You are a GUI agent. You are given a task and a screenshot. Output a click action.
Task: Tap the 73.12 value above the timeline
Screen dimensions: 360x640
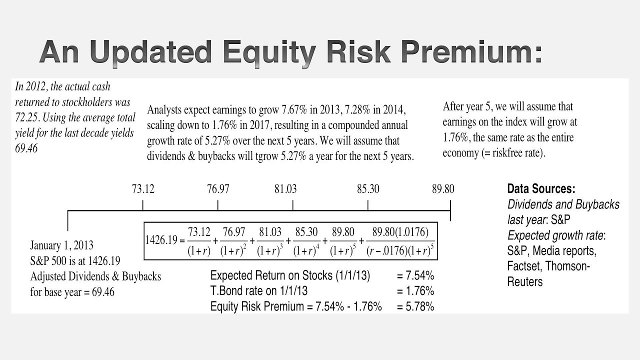tap(143, 189)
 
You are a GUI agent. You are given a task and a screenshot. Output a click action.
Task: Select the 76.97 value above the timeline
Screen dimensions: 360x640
tap(218, 189)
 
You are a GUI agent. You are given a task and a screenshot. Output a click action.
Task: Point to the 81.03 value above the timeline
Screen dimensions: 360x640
tap(285, 189)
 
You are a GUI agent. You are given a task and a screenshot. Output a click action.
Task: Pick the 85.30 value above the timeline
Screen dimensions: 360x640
tap(368, 189)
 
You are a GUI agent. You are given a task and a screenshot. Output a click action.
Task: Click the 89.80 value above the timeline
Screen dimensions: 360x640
tap(443, 189)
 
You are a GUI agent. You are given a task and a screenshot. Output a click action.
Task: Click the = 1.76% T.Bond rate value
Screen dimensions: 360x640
tap(415, 291)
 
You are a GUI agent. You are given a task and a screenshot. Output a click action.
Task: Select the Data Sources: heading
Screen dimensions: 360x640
tap(541, 189)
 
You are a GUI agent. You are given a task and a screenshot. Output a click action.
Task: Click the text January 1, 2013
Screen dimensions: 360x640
tap(61, 245)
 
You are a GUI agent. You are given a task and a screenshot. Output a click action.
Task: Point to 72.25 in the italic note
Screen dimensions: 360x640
tap(28, 118)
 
